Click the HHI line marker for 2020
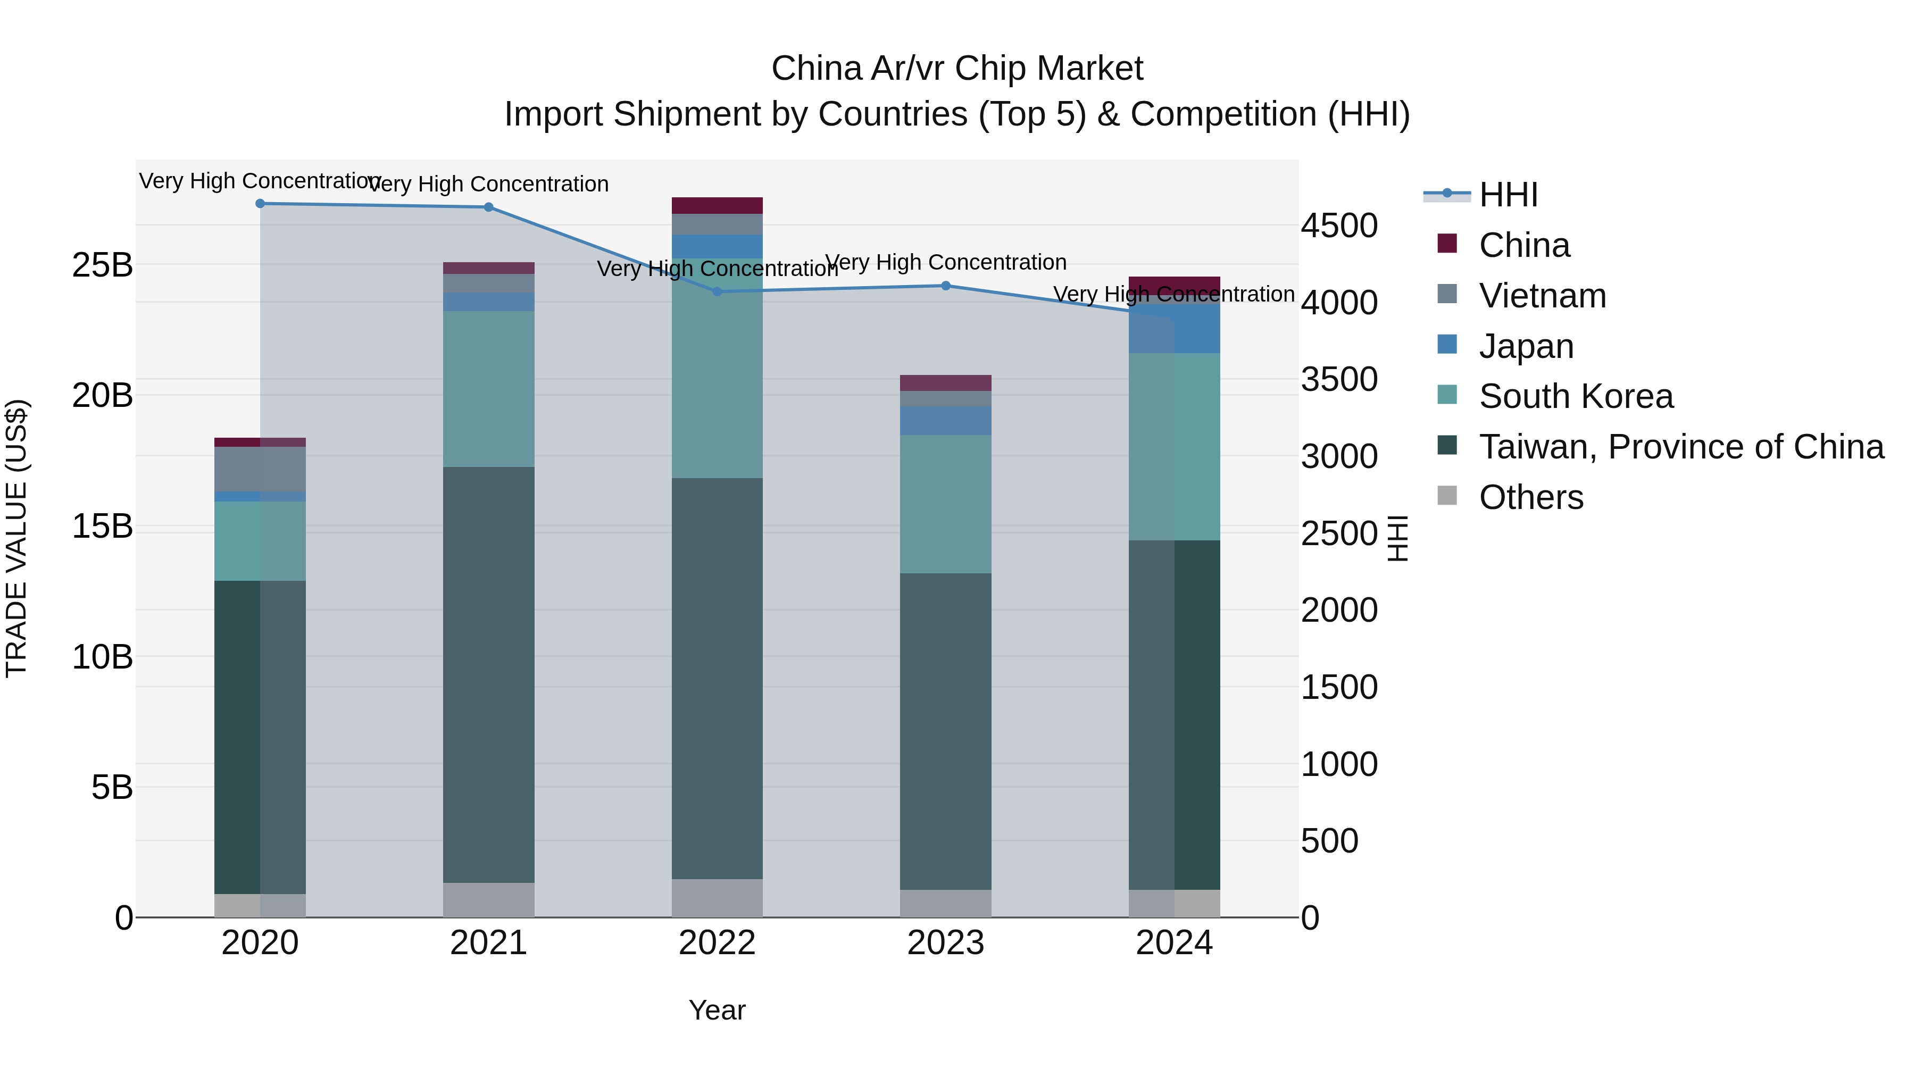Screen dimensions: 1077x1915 point(260,204)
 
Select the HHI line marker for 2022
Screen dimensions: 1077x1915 point(718,292)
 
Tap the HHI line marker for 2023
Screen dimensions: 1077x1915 point(946,286)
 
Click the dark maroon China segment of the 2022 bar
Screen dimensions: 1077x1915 point(718,206)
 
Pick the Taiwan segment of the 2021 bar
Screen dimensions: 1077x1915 point(488,674)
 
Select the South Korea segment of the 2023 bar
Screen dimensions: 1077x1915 point(946,504)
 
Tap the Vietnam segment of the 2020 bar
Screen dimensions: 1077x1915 point(260,469)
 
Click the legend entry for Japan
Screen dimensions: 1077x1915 point(1526,346)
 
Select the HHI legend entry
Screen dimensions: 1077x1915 point(1508,195)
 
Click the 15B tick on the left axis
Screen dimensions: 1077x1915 point(103,526)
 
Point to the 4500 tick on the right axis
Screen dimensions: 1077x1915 point(1339,226)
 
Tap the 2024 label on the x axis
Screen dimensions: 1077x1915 point(1174,943)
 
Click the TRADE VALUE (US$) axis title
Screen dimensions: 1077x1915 point(17,538)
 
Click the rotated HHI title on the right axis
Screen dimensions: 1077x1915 point(1397,538)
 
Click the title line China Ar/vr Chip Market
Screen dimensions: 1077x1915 point(957,69)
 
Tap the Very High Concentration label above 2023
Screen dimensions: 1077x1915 point(946,262)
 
